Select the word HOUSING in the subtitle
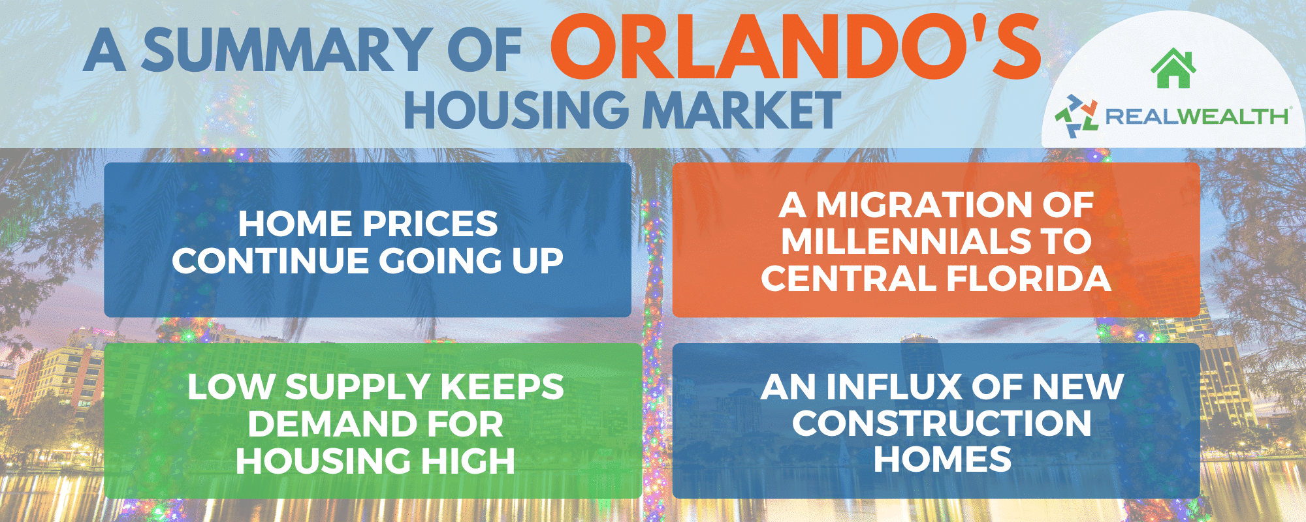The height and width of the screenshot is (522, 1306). click(x=517, y=110)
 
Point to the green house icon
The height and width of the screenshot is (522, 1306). click(x=1173, y=68)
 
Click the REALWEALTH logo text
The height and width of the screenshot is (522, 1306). click(x=1196, y=117)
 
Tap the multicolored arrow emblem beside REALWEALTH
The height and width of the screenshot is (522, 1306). click(x=1077, y=116)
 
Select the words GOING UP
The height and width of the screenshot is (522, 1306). click(x=471, y=261)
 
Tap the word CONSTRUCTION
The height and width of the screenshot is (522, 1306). click(x=942, y=423)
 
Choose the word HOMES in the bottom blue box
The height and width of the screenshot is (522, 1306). click(x=942, y=459)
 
